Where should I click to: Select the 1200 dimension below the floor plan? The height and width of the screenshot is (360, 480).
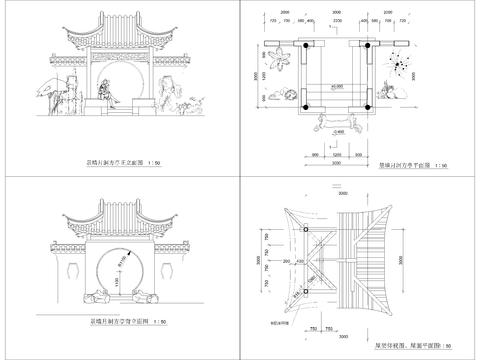[337, 156]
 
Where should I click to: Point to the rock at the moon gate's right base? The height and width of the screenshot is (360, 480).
[147, 296]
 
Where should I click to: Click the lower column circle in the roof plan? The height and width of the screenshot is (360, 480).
[303, 291]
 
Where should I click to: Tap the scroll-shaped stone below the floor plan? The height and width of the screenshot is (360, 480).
[337, 121]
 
